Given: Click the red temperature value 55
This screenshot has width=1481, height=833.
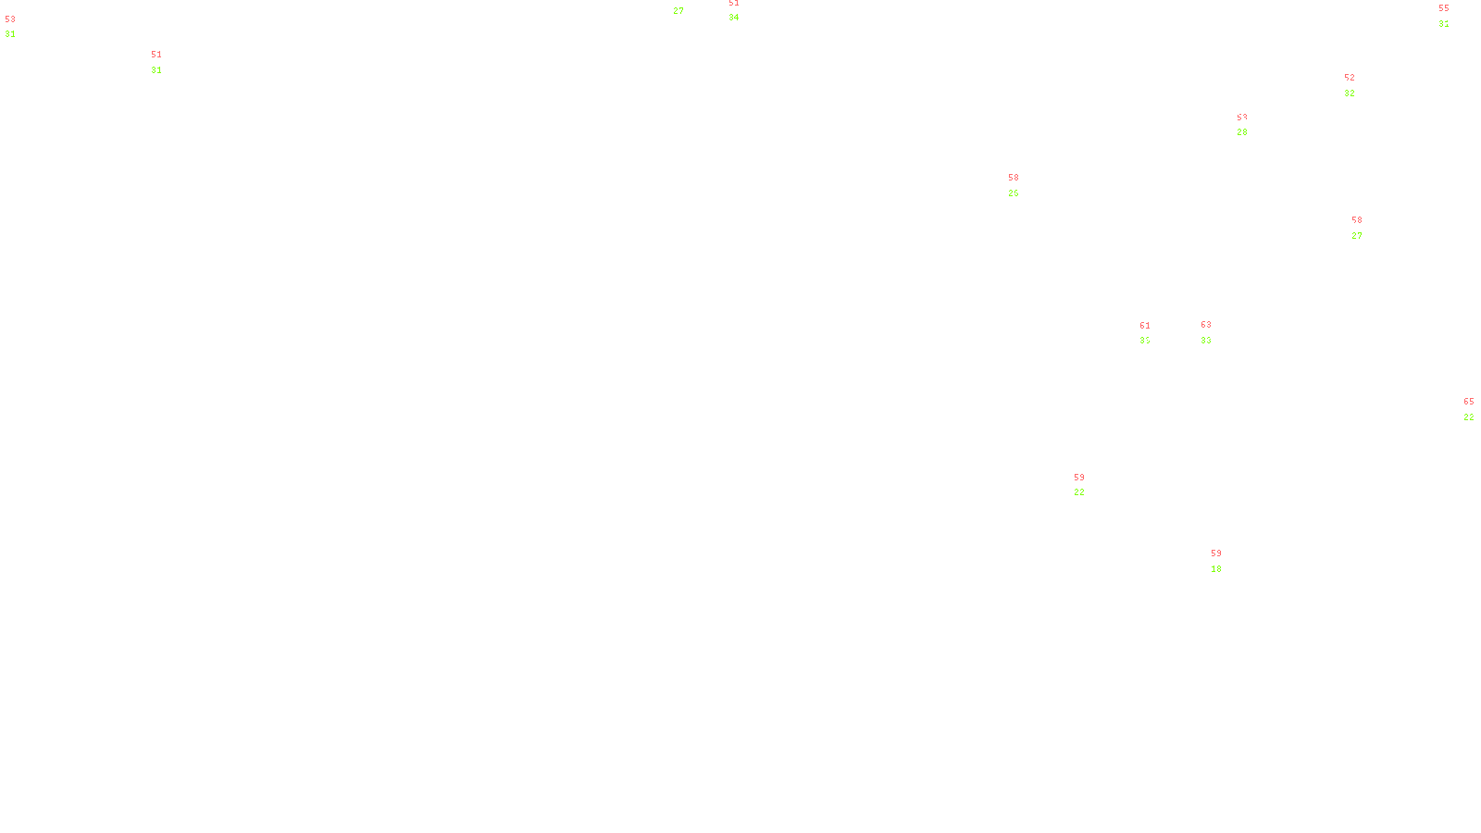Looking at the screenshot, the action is coord(1443,8).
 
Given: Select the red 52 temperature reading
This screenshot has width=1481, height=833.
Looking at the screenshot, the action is coord(1350,78).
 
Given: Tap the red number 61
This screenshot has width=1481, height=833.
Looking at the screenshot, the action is coord(1145,326).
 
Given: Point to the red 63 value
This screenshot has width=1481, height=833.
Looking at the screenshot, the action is coord(1206,325).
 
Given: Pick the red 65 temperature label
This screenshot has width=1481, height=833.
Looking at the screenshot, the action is coord(1469,402).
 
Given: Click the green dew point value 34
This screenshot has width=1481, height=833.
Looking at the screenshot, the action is coord(733,18).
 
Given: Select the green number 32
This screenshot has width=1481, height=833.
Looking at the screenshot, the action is coord(1350,93).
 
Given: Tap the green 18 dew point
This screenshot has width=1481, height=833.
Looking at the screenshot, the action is coord(1216,569).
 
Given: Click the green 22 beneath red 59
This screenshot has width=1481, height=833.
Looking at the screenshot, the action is coord(1079,492).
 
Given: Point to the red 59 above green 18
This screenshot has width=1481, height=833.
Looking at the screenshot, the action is coord(1216,553).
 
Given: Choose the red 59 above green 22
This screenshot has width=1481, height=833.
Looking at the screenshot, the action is coord(1079,478).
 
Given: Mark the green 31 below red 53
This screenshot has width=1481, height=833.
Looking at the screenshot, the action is coord(10,34).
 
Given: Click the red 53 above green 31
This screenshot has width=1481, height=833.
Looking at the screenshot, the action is coord(10,19).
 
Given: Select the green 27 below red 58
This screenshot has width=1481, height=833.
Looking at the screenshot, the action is coord(1357,236).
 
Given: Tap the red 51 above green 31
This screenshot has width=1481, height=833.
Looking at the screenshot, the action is coord(156,55).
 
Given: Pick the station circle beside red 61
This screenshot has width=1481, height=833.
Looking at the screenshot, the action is coord(1153,334).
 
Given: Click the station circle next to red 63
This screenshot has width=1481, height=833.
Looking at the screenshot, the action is coord(1214,333).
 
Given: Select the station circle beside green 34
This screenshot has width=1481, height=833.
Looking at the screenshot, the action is coord(742,11).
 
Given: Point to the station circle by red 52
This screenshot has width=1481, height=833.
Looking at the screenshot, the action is coord(1359,86).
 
